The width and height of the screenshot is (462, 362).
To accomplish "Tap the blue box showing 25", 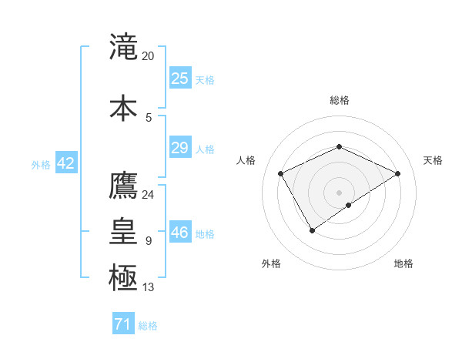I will click(x=179, y=79).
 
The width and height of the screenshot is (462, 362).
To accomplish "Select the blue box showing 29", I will click(x=179, y=148).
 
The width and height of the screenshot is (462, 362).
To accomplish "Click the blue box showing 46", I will click(x=179, y=233).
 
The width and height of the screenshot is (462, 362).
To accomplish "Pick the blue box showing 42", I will click(x=65, y=163).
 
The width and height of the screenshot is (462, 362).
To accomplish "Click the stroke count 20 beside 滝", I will click(x=149, y=56).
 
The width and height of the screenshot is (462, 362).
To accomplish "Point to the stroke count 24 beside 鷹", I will click(x=149, y=194).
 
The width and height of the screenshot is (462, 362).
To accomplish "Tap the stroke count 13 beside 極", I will click(x=149, y=287).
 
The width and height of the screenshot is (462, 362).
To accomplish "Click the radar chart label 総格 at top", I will click(x=340, y=100).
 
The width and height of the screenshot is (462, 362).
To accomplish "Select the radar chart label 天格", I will click(x=433, y=160).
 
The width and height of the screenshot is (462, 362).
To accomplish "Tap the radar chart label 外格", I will click(x=271, y=263).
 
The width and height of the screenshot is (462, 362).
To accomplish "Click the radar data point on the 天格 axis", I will click(x=397, y=174).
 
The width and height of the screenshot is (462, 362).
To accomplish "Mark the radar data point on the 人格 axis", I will click(x=281, y=174).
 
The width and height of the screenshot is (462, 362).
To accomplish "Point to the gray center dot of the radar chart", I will click(x=340, y=192).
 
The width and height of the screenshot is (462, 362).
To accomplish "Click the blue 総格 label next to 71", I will click(x=148, y=326).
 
